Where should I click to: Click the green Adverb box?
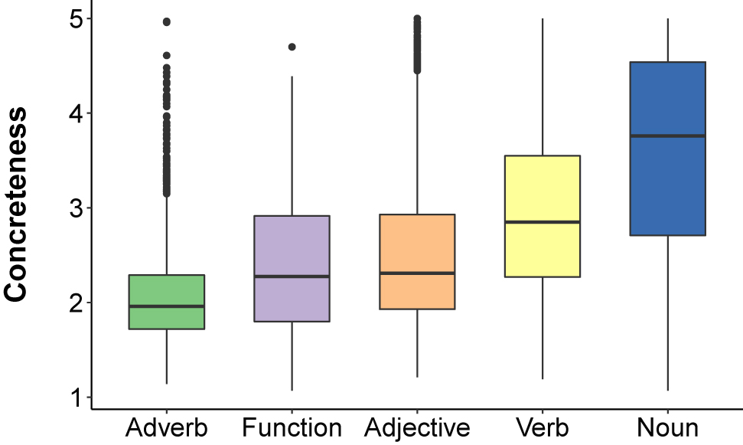pyautogui.click(x=167, y=291)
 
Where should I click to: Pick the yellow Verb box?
pyautogui.click(x=542, y=191)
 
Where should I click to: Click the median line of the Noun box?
pyautogui.click(x=667, y=136)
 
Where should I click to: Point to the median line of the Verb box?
pyautogui.click(x=542, y=222)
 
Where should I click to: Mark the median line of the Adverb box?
pyautogui.click(x=167, y=306)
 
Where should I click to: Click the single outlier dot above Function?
pyautogui.click(x=292, y=47)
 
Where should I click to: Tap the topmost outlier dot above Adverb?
pyautogui.click(x=167, y=21)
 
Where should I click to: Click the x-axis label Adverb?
pyautogui.click(x=167, y=427)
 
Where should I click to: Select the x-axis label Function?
pyautogui.click(x=292, y=427)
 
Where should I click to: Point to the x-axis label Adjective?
pyautogui.click(x=417, y=427)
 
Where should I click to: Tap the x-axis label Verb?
pyautogui.click(x=542, y=427)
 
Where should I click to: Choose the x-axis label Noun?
pyautogui.click(x=667, y=427)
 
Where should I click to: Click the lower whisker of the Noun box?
pyautogui.click(x=667, y=314)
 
